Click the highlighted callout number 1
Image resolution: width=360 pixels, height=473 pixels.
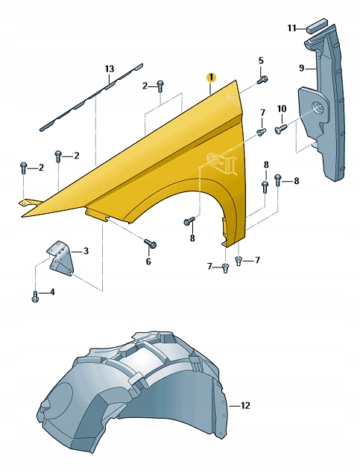[211, 77]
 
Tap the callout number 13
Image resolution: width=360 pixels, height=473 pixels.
[110, 69]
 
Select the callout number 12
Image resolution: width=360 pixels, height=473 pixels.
[245, 406]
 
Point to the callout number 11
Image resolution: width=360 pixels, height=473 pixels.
[291, 28]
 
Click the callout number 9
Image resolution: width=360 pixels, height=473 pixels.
[302, 69]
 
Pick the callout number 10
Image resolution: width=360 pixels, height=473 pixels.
[282, 108]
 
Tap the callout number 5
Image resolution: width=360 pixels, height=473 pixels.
[261, 60]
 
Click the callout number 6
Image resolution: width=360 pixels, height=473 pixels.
[148, 261]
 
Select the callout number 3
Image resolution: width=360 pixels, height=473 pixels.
[86, 251]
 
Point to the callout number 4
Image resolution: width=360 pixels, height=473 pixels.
[52, 292]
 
